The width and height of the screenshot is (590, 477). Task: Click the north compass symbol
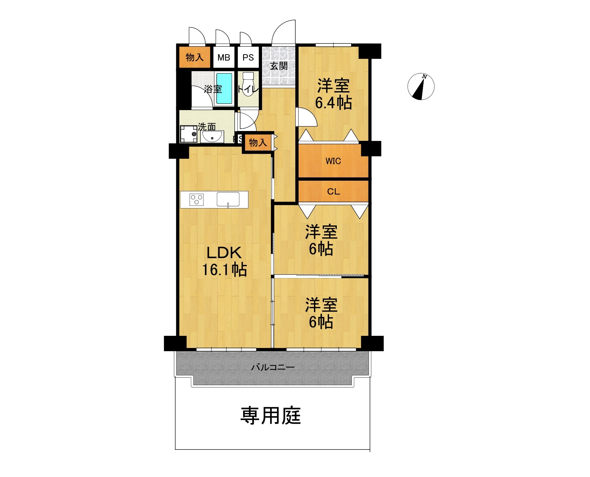click(x=421, y=87)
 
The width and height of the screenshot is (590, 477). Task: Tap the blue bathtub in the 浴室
click(x=224, y=88)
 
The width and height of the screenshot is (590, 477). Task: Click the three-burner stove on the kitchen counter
click(x=197, y=200)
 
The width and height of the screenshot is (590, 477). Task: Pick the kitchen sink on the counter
click(x=228, y=199)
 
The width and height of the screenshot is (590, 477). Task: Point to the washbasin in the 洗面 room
click(x=212, y=136)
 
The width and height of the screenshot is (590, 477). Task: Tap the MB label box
click(x=224, y=58)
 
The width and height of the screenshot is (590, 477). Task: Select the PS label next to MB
click(x=248, y=58)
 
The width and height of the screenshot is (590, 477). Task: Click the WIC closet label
click(x=333, y=161)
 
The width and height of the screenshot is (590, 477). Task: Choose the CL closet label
click(x=334, y=191)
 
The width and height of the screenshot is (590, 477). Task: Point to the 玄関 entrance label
click(x=279, y=66)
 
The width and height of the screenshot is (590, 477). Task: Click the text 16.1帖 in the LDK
click(x=225, y=270)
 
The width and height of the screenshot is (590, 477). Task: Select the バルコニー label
click(x=273, y=367)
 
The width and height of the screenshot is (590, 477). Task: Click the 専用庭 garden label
click(x=271, y=416)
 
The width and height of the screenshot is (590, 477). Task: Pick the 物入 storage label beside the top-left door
click(x=195, y=58)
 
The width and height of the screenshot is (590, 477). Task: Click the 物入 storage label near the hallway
click(x=258, y=142)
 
